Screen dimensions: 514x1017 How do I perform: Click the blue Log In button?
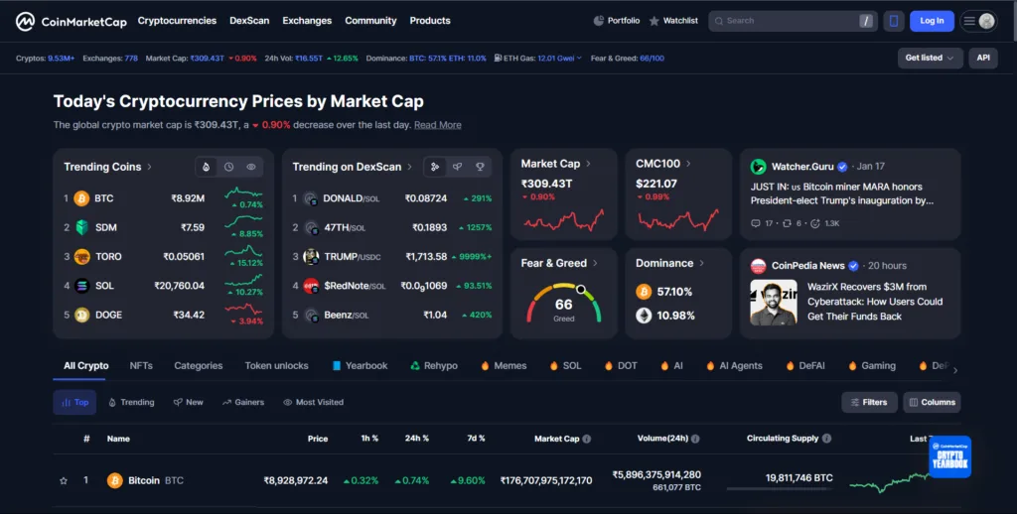(x=932, y=21)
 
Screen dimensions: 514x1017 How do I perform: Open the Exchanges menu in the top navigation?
(x=307, y=21)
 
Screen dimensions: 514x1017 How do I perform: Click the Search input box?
(x=785, y=21)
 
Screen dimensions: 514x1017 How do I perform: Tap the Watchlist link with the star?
(x=674, y=21)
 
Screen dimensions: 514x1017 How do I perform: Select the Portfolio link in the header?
(x=617, y=21)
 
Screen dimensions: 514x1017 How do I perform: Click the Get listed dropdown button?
(x=930, y=58)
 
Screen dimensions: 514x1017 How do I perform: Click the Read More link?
(x=437, y=125)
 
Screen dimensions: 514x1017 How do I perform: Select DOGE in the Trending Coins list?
(x=107, y=316)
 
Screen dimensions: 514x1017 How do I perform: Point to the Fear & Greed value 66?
(x=563, y=305)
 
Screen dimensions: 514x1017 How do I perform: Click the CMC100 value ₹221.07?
(x=656, y=184)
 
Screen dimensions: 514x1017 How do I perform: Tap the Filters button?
(x=869, y=402)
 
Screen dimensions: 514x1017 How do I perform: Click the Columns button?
(x=932, y=402)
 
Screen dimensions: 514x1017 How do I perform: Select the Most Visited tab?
(x=313, y=402)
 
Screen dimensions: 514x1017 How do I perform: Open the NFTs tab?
(x=141, y=365)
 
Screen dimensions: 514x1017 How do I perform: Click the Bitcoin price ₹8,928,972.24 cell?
(x=295, y=480)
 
